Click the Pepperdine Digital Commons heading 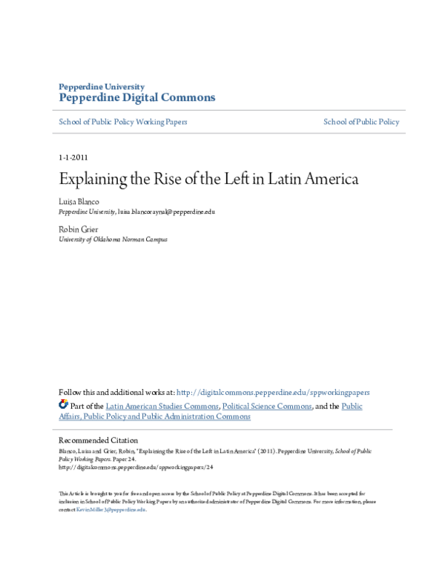(x=136, y=97)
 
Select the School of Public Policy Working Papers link (x=123, y=122)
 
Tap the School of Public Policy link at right (x=361, y=122)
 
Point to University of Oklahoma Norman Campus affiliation (x=113, y=240)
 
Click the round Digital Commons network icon (x=63, y=405)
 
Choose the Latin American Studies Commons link (x=162, y=407)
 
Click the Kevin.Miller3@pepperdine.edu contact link (x=111, y=510)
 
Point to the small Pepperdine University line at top (x=102, y=86)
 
